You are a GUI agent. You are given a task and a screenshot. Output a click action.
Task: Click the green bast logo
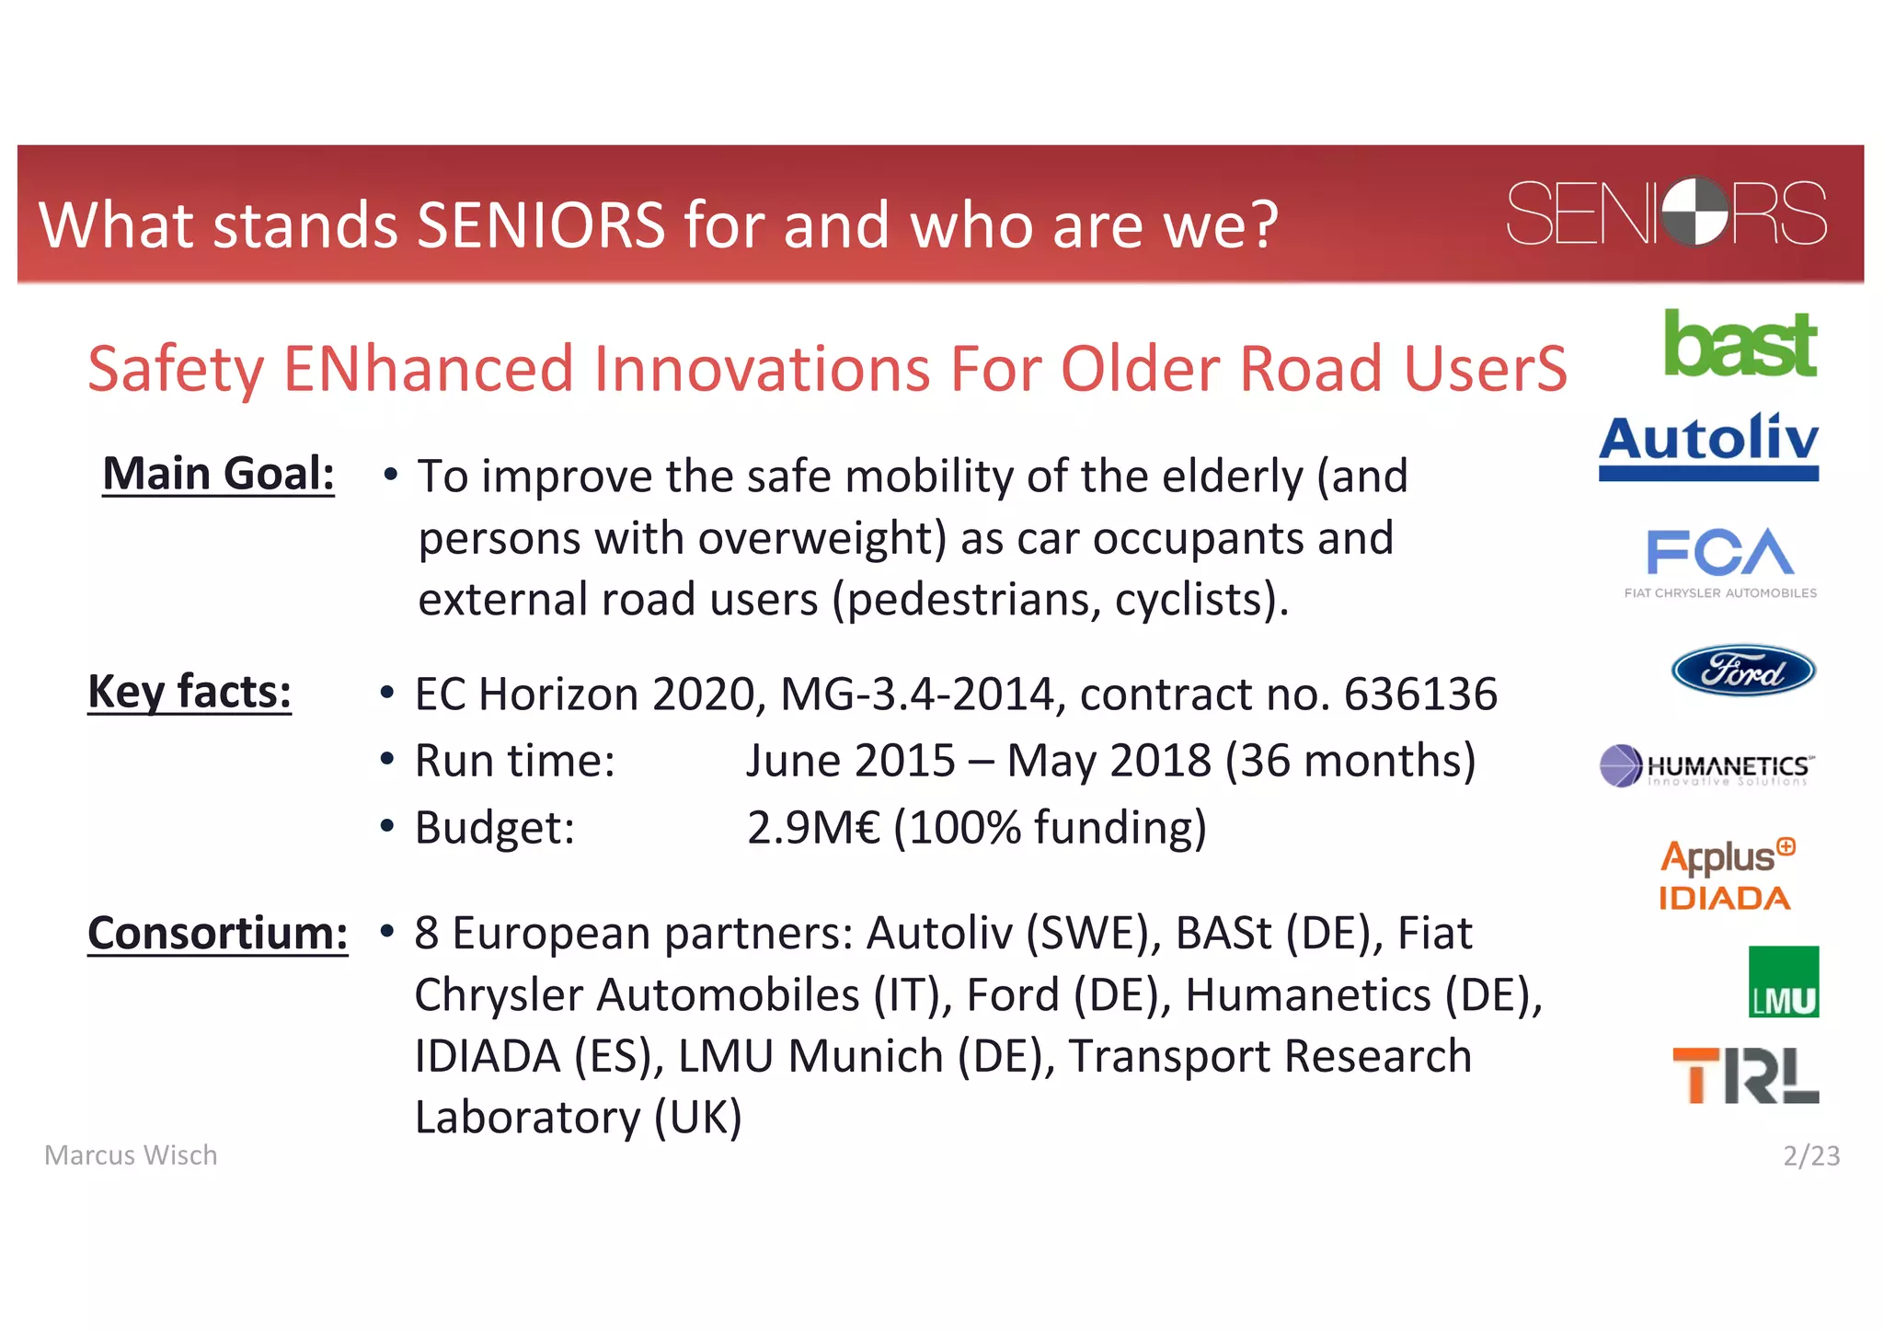tap(1740, 345)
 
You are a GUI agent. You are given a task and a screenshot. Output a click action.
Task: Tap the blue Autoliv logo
tap(1708, 446)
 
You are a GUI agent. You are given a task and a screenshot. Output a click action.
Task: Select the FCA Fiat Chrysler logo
tap(1719, 562)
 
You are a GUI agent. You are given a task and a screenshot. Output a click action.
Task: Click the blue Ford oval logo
tap(1742, 671)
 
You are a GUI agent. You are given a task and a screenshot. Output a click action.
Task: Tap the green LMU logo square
tap(1783, 982)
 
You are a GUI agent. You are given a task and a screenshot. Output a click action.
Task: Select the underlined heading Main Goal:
tap(218, 475)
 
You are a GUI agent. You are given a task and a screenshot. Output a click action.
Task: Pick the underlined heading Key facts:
tap(190, 692)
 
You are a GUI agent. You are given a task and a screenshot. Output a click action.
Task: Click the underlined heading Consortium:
tap(218, 934)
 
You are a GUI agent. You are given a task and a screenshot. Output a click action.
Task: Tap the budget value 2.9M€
tap(813, 827)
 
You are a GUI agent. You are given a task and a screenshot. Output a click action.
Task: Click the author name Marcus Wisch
tap(131, 1155)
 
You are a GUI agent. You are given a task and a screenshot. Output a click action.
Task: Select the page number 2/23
tap(1810, 1155)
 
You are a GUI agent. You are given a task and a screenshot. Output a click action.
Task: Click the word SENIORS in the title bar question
tap(540, 225)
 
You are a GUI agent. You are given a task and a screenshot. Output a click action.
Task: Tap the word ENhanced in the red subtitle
tap(428, 369)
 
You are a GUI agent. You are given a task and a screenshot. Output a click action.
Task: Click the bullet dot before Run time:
tap(387, 761)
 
